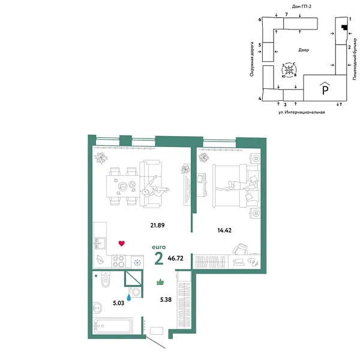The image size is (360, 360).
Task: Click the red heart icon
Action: coord(121,243)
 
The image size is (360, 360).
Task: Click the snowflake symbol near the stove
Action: coord(137,262)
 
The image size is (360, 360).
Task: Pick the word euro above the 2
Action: coord(159,245)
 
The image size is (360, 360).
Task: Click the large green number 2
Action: coord(159,259)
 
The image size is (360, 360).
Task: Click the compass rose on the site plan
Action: coord(290,70)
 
